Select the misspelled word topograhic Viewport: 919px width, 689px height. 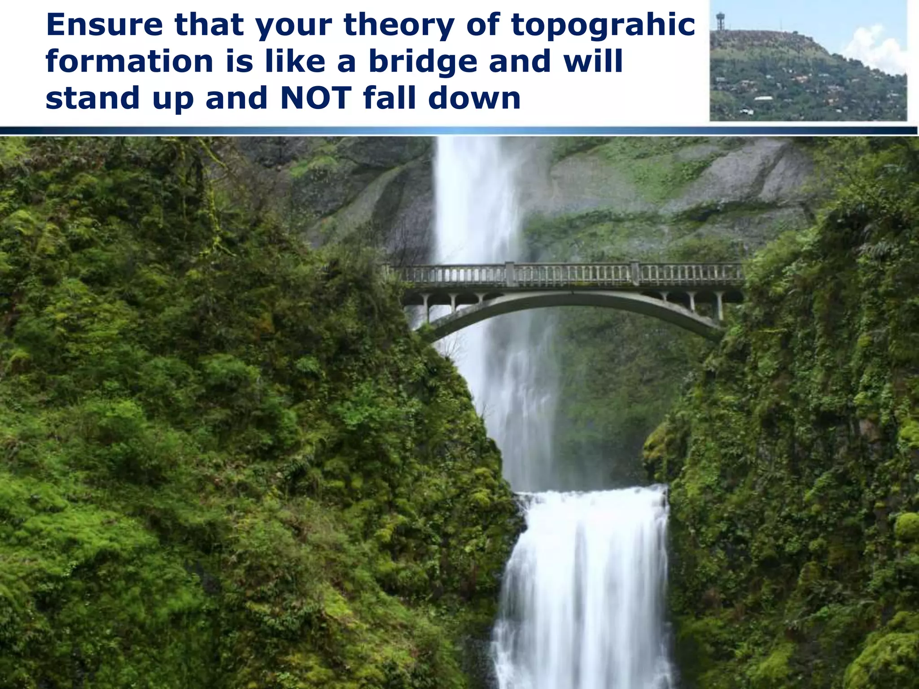point(603,26)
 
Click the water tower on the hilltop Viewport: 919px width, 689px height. point(721,21)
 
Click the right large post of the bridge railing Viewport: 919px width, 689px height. point(635,273)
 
